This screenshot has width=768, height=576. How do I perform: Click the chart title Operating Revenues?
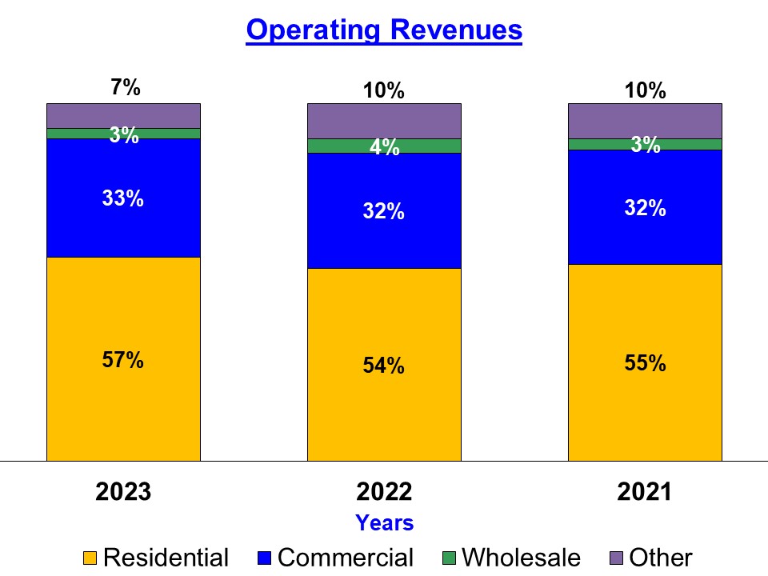point(384,30)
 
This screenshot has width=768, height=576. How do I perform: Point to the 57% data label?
point(123,360)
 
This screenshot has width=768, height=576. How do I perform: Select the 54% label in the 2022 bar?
point(384,366)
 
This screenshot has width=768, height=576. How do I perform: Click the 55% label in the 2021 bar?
point(645,363)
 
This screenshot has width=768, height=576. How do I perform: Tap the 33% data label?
point(123,198)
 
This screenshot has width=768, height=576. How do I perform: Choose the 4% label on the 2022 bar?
point(384,147)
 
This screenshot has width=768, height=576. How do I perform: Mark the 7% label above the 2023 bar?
point(126,87)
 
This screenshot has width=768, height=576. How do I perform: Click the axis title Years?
point(384,523)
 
